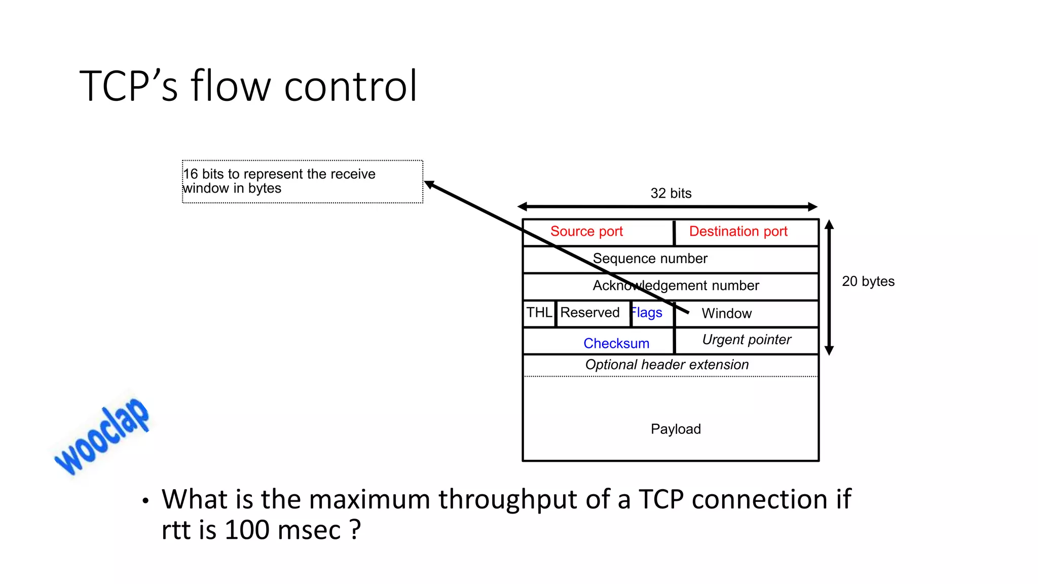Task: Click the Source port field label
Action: pyautogui.click(x=586, y=232)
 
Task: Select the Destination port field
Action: pyautogui.click(x=738, y=232)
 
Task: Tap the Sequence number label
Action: pyautogui.click(x=650, y=259)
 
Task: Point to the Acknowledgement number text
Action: pyautogui.click(x=676, y=285)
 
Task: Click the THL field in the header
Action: pyautogui.click(x=539, y=312)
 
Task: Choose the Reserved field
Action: pyautogui.click(x=590, y=312)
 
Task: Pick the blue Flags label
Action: pyautogui.click(x=647, y=313)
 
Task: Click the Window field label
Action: pyautogui.click(x=726, y=313)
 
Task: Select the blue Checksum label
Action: pyautogui.click(x=616, y=343)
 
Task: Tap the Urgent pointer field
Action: pyautogui.click(x=746, y=340)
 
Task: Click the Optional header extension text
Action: pyautogui.click(x=666, y=364)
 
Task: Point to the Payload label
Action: pyautogui.click(x=676, y=429)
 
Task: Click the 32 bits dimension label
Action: pyautogui.click(x=671, y=193)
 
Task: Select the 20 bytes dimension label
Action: pyautogui.click(x=868, y=281)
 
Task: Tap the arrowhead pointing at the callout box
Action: pyautogui.click(x=429, y=185)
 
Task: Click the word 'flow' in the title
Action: pyautogui.click(x=231, y=86)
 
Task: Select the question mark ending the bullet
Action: pyautogui.click(x=355, y=530)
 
